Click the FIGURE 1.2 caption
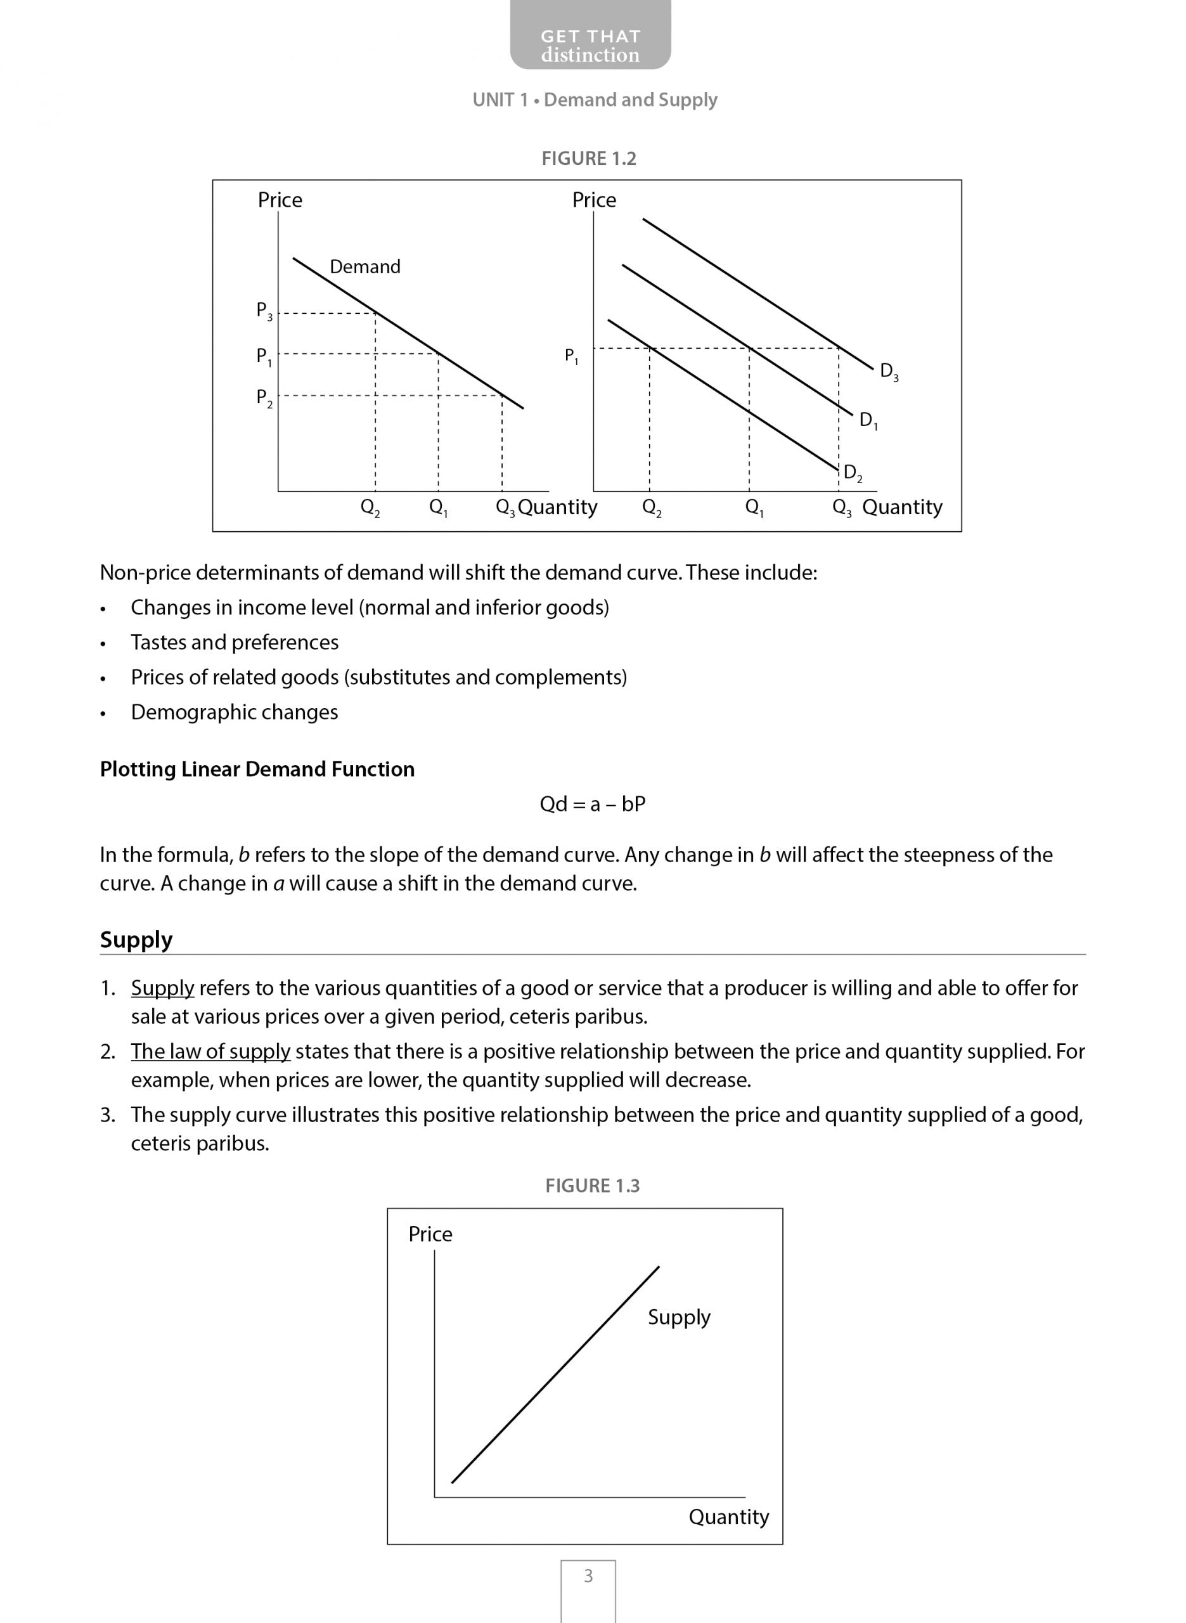coord(589,158)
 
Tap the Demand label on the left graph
coord(364,267)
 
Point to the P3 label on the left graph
coord(264,311)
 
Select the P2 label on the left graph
coord(264,398)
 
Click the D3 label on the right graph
coord(889,372)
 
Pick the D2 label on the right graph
coord(853,473)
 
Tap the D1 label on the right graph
coord(868,420)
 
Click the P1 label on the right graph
coord(572,356)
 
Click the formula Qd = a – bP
coord(592,803)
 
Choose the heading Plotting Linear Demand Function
coord(257,769)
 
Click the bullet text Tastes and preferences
coord(234,642)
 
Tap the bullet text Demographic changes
coord(234,712)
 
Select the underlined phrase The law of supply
coord(210,1051)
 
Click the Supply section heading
coord(136,939)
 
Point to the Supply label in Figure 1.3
coord(678,1317)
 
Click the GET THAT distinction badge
coord(590,45)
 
